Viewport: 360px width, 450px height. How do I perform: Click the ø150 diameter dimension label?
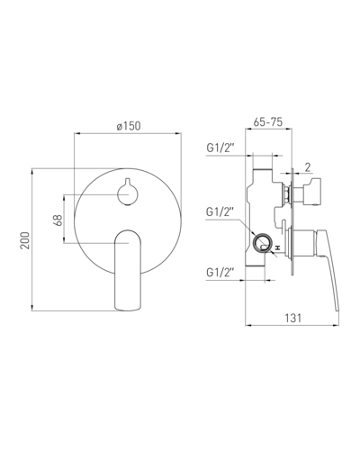tap(129, 126)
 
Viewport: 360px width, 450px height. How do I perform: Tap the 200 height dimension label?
tap(25, 240)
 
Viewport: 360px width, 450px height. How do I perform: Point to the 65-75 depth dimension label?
tap(268, 121)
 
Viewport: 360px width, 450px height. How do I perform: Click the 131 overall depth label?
tap(292, 318)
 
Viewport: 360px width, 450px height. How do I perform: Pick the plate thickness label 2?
tap(308, 167)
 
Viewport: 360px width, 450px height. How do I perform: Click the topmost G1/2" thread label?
tap(220, 148)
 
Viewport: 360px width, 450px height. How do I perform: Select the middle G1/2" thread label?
tap(220, 211)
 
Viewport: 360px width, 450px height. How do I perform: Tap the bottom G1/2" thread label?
tap(220, 273)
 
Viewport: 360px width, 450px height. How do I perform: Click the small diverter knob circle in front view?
tap(128, 193)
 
